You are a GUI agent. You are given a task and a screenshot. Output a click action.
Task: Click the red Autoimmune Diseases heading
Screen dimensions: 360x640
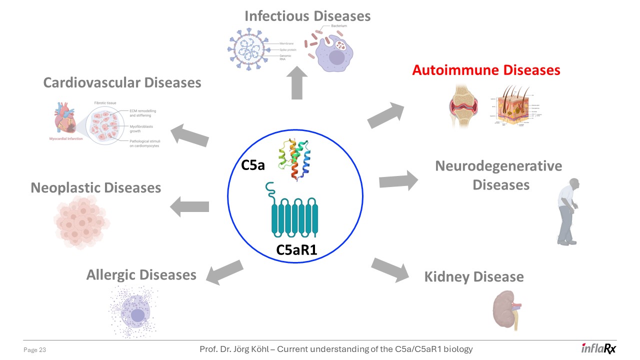[x=486, y=70]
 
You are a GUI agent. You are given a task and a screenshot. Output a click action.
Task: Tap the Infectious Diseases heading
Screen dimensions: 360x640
[x=307, y=16]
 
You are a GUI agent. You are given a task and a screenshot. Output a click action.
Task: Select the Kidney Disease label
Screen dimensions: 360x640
[x=473, y=276]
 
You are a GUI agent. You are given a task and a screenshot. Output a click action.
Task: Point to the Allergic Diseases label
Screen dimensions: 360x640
[x=141, y=274]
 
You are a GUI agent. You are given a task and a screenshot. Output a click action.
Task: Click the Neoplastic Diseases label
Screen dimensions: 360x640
[x=95, y=187]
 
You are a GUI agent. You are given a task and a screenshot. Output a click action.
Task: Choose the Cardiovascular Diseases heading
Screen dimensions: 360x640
[x=122, y=82]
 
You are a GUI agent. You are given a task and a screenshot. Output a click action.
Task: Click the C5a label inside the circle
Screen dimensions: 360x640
[x=253, y=165]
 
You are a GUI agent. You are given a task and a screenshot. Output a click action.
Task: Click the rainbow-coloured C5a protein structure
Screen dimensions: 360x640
[x=295, y=160]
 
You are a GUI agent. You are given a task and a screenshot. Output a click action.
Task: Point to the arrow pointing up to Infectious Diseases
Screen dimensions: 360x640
[x=297, y=82]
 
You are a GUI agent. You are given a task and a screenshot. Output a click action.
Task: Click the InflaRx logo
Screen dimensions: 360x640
[x=598, y=348]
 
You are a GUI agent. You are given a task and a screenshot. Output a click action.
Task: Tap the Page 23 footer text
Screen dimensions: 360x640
[x=35, y=350]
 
